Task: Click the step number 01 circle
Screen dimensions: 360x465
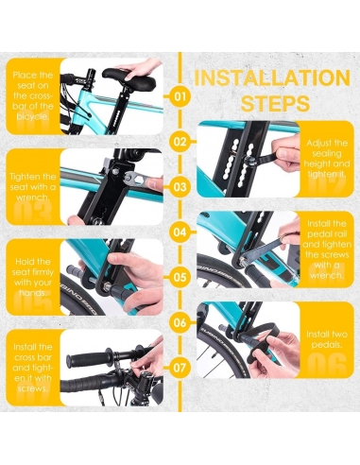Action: [180, 96]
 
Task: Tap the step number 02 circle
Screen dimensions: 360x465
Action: [180, 142]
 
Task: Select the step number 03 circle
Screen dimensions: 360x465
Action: [180, 187]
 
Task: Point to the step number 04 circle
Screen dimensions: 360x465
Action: [180, 232]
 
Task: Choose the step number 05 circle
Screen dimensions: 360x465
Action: [180, 277]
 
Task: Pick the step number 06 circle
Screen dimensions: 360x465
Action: [180, 322]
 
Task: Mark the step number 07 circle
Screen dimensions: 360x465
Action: [180, 368]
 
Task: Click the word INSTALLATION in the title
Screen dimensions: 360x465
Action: [272, 77]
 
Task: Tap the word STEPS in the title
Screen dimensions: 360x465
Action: [275, 103]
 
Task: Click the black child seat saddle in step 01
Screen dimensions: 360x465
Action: [129, 78]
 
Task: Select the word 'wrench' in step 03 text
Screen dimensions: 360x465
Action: [33, 198]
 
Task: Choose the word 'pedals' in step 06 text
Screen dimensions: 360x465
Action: [327, 345]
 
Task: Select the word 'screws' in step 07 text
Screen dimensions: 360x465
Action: [33, 388]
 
